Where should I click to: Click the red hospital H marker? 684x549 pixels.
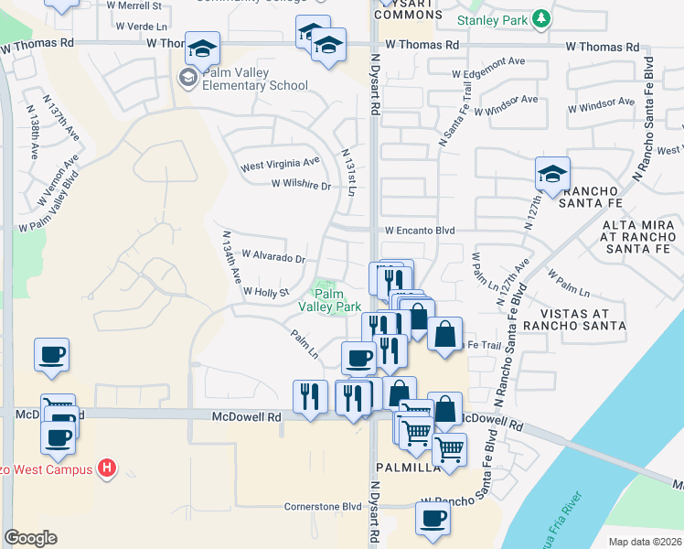pos(108,469)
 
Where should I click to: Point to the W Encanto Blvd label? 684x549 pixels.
pos(419,231)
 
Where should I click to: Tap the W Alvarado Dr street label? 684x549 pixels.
pos(273,258)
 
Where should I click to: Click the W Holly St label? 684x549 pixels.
pos(265,292)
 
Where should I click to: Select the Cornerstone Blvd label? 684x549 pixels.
pos(323,506)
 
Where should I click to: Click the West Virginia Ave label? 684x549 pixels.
pos(280,164)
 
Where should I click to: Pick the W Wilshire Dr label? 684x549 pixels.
pos(300,185)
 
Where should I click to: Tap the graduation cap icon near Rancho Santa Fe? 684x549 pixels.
pos(552,173)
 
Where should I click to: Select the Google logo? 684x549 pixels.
pos(30,538)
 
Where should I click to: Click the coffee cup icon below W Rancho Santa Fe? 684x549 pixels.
pos(433,519)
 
